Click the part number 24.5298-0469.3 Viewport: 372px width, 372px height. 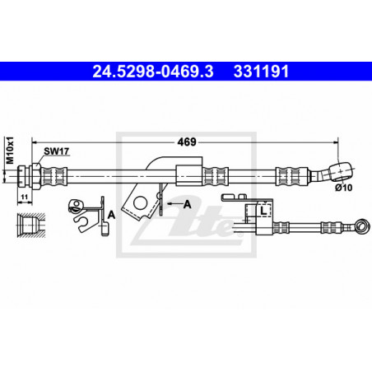(x=153, y=72)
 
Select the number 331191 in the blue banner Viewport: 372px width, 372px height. (x=261, y=72)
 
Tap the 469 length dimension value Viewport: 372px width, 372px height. (x=187, y=142)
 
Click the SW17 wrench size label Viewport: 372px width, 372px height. (x=57, y=151)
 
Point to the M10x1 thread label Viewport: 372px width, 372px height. (x=10, y=150)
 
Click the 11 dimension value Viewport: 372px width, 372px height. (x=25, y=197)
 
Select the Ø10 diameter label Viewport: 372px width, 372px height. (x=343, y=188)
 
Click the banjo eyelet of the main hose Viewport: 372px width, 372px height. (x=341, y=171)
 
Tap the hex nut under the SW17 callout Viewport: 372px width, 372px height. (x=36, y=175)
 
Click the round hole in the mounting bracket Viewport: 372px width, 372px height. (x=140, y=203)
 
